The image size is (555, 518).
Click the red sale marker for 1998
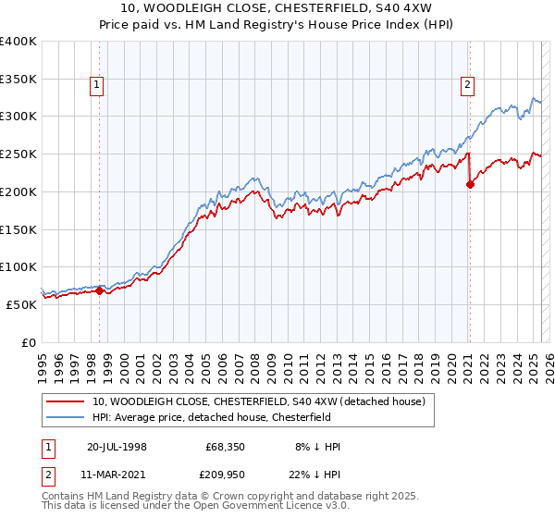100,290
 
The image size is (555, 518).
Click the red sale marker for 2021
470,184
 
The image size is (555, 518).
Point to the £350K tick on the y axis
18,80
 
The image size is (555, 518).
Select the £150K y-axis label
18,229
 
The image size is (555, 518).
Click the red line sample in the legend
66,401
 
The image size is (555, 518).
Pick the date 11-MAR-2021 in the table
117,474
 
